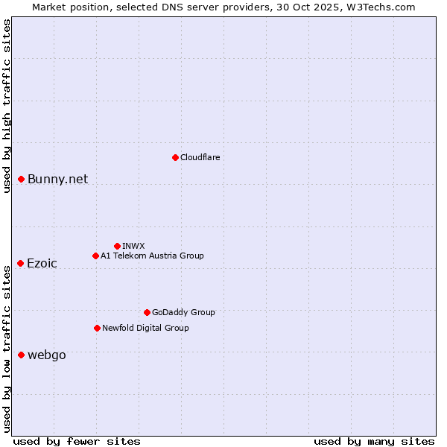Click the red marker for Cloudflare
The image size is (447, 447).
tap(175, 157)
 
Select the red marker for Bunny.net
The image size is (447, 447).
tap(22, 179)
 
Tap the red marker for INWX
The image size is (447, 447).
tap(117, 246)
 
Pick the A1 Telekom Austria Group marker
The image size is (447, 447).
tap(95, 256)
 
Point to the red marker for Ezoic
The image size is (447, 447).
tap(21, 263)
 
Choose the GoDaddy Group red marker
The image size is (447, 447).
tap(147, 312)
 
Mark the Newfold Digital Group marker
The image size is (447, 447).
tap(97, 328)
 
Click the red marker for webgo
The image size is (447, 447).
tap(21, 355)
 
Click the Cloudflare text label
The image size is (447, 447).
tap(200, 157)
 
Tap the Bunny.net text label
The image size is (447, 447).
tap(57, 179)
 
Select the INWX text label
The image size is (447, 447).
tap(133, 246)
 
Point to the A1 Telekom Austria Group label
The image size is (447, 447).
tap(152, 256)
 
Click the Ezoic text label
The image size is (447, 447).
tap(42, 263)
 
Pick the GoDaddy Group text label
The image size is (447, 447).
tap(183, 312)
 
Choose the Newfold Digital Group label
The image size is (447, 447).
tap(145, 328)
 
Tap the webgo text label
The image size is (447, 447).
tap(46, 355)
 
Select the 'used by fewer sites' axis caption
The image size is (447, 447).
tap(77, 441)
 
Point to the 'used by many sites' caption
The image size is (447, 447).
tap(374, 441)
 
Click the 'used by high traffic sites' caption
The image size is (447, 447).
tap(7, 106)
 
